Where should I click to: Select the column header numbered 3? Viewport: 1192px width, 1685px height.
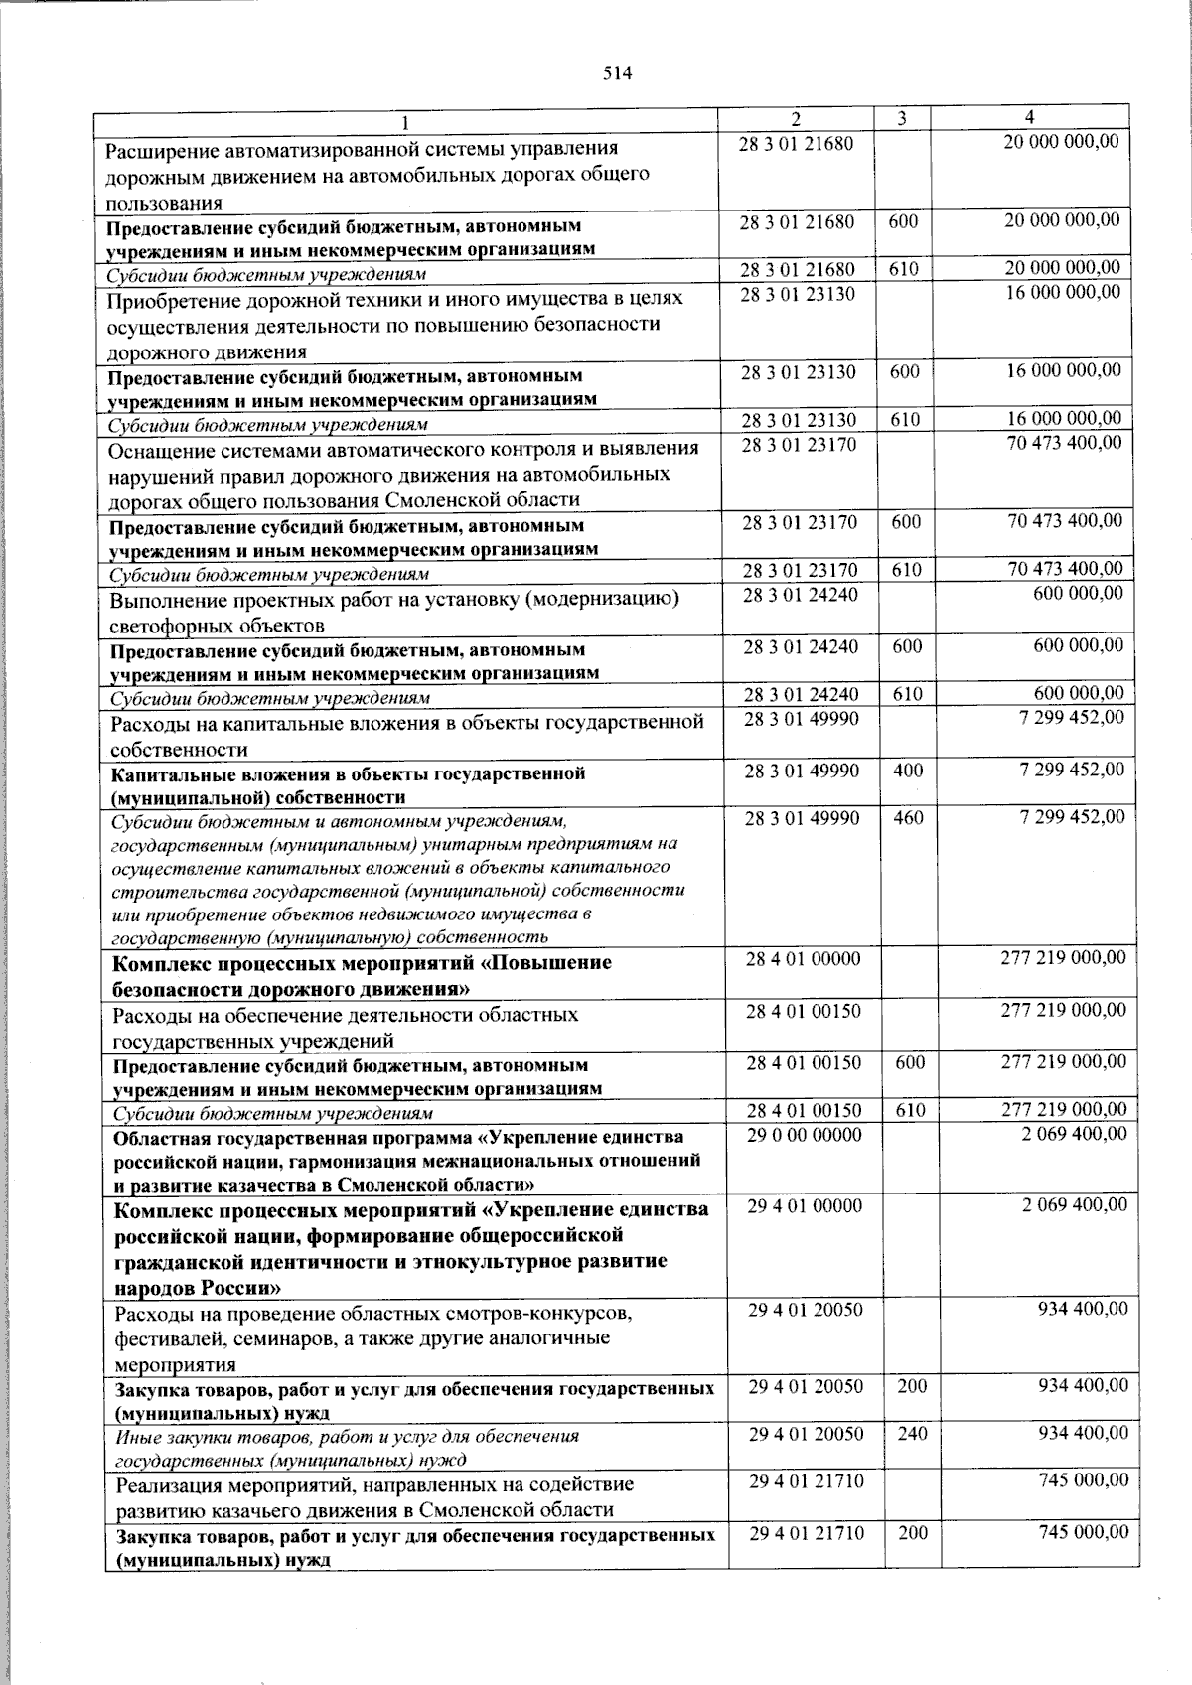coord(901,119)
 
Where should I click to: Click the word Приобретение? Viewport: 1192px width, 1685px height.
coord(171,298)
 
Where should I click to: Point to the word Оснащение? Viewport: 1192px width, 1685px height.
coord(160,449)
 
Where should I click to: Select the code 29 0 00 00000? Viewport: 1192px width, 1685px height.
coord(805,1134)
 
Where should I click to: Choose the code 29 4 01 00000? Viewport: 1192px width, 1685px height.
coord(805,1205)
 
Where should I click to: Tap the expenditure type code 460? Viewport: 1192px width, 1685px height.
coord(908,818)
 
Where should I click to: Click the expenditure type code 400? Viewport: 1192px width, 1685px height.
coord(908,771)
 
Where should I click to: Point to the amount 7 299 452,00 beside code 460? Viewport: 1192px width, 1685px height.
coord(1072,817)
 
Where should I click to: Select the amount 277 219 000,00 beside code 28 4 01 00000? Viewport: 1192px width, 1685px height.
coord(1062,958)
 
